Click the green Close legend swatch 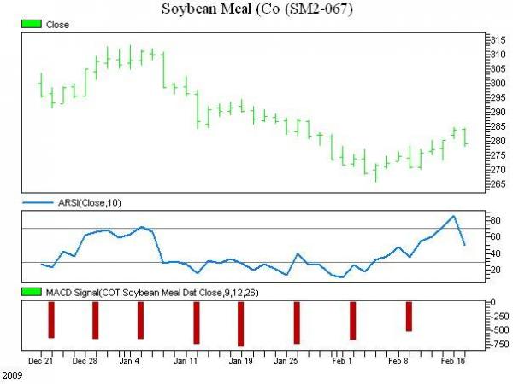(32, 25)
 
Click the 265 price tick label (497, 183)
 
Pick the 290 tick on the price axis (497, 112)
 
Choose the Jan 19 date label (240, 361)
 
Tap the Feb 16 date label (452, 361)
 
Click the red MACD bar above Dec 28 (96, 320)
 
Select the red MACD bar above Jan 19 (241, 323)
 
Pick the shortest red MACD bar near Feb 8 (409, 316)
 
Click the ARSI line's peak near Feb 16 (453, 216)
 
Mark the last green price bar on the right (465, 137)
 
